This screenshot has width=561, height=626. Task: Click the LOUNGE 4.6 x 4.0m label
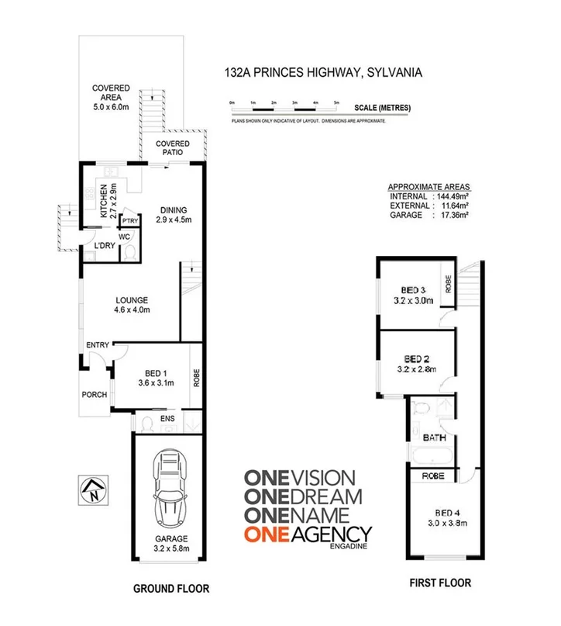coord(132,305)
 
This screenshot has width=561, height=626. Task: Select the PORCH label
coord(95,395)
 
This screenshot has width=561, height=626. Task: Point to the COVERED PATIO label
coord(173,148)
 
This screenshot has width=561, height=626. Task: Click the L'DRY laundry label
coord(104,247)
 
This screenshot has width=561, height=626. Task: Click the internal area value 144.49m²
coord(450,197)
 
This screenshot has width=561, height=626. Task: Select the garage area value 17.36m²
coord(450,216)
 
